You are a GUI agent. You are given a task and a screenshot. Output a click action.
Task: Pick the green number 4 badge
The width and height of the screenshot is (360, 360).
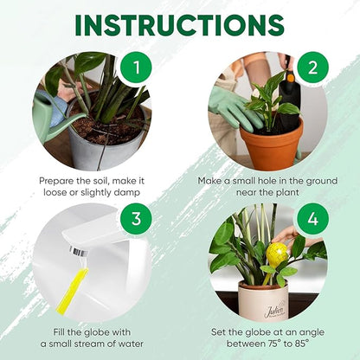312,221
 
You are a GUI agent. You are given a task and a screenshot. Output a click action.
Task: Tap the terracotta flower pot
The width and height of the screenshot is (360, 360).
271,143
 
